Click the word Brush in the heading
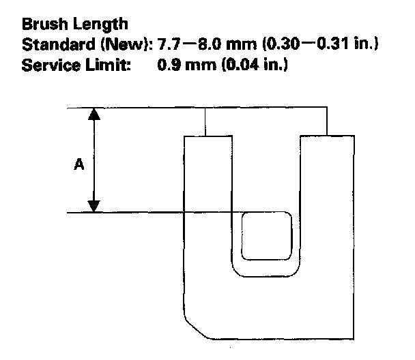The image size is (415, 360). (40, 25)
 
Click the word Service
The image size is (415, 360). (44, 67)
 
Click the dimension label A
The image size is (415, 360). (79, 164)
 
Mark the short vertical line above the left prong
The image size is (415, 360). (205, 122)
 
